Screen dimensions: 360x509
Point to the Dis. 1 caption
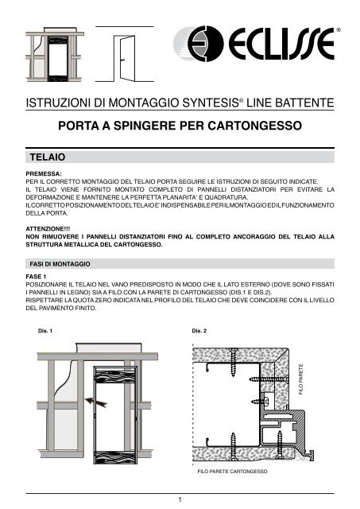[x=35, y=330]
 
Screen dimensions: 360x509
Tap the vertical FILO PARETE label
[x=300, y=379]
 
